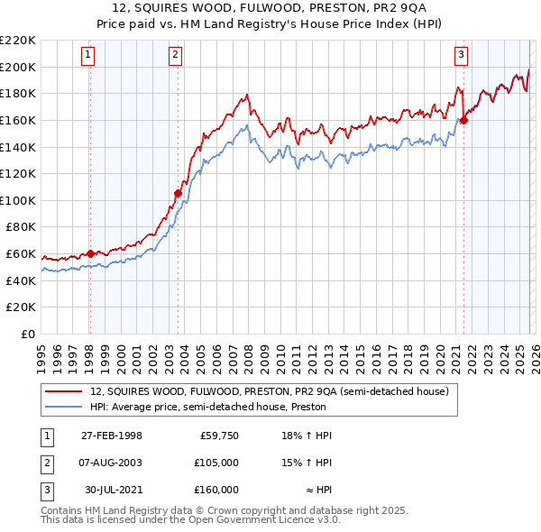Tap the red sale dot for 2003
coord(179,192)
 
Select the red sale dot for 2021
coord(463,119)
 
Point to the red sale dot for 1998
coord(90,253)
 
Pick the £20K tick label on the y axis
coord(21,307)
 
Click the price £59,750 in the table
coord(219,436)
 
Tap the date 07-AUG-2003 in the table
coord(111,463)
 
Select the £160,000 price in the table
coord(216,490)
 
